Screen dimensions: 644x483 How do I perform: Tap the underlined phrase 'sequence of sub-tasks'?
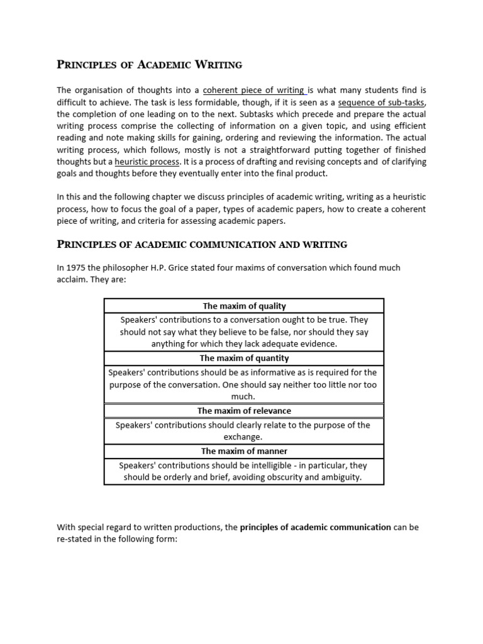(382, 102)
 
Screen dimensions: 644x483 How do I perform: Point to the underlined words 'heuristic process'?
(147, 162)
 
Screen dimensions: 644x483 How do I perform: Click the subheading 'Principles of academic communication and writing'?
(202, 244)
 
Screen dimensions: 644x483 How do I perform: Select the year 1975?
(77, 267)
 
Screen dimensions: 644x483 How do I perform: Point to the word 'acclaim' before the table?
(73, 279)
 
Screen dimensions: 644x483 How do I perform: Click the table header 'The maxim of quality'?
(244, 306)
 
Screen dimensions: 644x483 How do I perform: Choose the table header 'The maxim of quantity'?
(244, 358)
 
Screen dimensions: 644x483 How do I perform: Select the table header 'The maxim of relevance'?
(244, 411)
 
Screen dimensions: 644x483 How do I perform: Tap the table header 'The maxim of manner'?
(244, 451)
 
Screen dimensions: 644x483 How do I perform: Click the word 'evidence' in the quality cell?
(319, 343)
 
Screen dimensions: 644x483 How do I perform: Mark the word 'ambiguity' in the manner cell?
(341, 477)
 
